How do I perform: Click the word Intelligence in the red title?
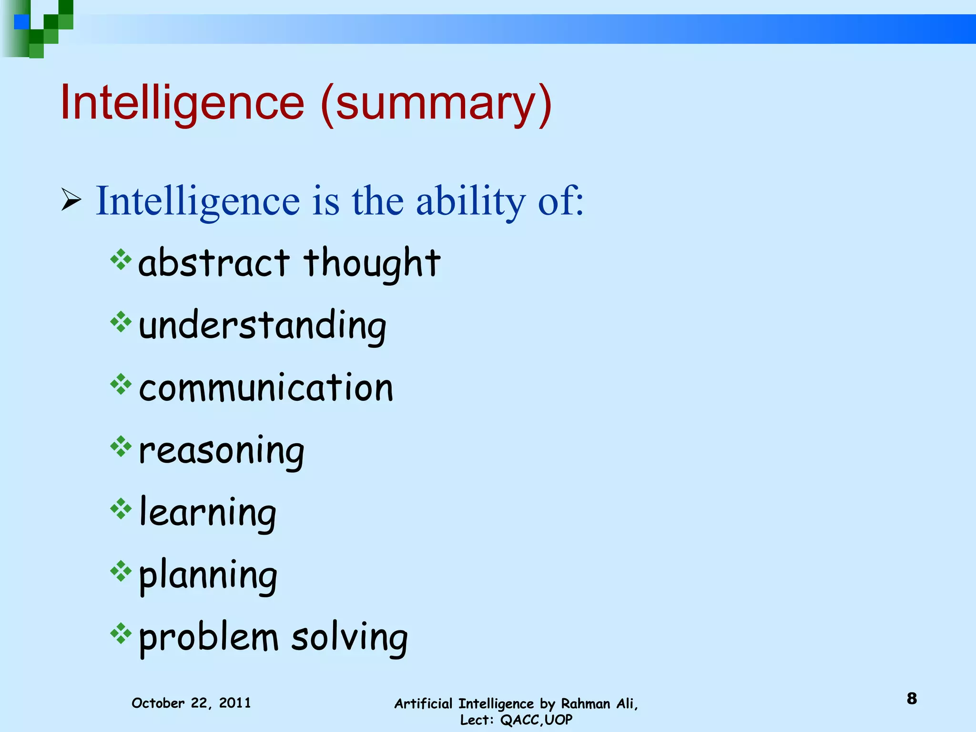click(x=182, y=102)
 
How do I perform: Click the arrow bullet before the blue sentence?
click(x=71, y=200)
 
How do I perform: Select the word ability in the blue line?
click(x=470, y=202)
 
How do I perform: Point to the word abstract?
click(x=213, y=263)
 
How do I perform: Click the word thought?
click(x=372, y=263)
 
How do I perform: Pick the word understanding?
click(x=262, y=326)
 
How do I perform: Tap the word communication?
click(x=266, y=387)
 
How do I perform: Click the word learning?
click(x=208, y=513)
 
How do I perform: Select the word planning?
click(x=208, y=576)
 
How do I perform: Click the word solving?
click(x=349, y=638)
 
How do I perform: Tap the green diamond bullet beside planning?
click(x=121, y=571)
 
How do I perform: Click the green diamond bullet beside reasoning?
click(x=121, y=447)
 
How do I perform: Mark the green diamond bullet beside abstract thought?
click(x=121, y=260)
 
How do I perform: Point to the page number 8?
click(x=912, y=699)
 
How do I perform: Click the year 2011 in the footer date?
click(x=234, y=703)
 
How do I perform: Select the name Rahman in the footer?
click(x=585, y=703)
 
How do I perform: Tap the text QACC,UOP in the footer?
click(x=536, y=720)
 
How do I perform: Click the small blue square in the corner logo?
click(x=21, y=22)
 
